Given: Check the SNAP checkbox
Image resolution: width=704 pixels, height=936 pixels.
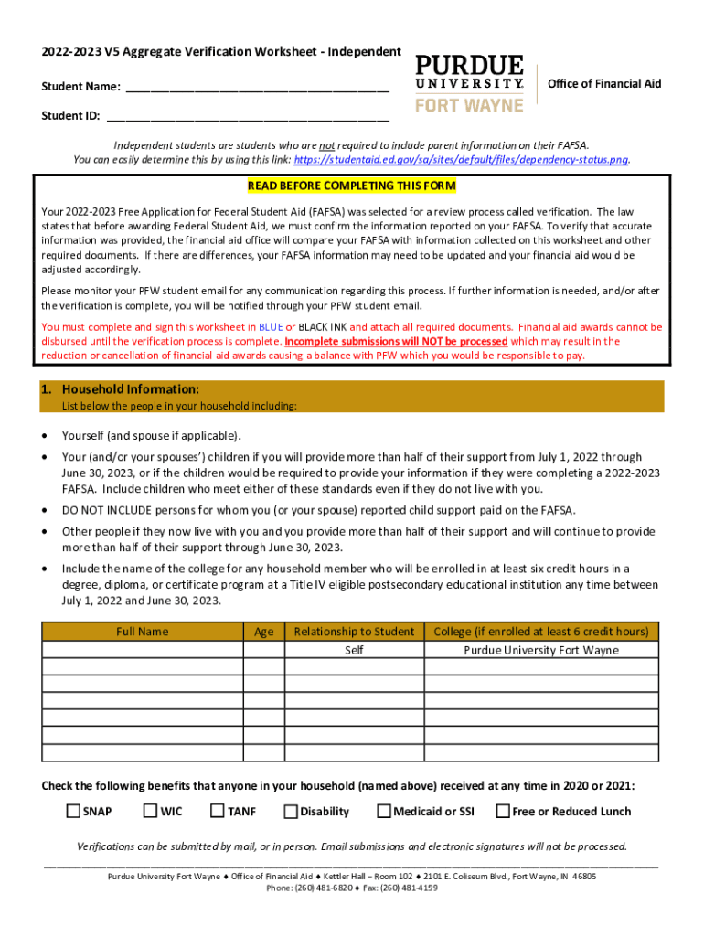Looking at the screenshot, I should [x=73, y=811].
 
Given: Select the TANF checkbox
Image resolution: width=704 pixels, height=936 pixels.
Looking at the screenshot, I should [x=218, y=811].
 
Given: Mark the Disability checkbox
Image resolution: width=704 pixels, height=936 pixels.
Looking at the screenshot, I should [x=291, y=811].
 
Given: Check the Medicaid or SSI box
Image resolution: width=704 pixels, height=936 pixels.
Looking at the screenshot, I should [x=385, y=811].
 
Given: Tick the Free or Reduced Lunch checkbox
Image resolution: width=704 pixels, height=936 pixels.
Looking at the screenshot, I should [x=503, y=811].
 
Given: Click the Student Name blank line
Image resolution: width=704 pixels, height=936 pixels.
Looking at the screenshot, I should [x=257, y=88].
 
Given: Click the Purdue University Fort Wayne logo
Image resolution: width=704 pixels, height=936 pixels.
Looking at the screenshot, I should [x=470, y=83].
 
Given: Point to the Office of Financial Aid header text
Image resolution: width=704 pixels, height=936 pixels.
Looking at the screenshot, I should [x=603, y=84].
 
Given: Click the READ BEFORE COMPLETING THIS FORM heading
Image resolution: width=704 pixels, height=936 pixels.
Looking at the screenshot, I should [x=351, y=186].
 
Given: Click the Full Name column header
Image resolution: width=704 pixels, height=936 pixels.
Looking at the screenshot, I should [x=142, y=632].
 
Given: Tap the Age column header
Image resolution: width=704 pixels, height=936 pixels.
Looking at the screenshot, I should [x=263, y=632].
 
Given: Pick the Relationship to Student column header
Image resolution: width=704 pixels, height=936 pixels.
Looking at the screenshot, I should [x=354, y=632].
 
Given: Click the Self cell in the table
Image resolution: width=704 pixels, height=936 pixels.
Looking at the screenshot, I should [x=354, y=650].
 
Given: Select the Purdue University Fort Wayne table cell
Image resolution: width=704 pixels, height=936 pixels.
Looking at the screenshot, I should [x=541, y=650].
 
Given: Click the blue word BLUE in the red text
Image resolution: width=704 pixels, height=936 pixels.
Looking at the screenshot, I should [x=271, y=326].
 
